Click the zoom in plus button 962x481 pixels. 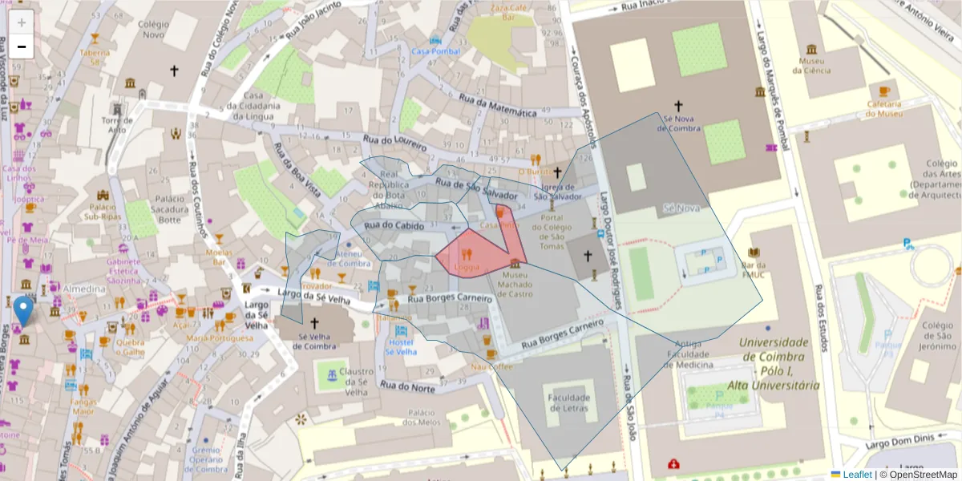[x=22, y=22]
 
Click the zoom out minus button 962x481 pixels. [x=22, y=46]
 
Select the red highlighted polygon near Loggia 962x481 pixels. [x=479, y=252]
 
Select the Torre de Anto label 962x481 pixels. [x=117, y=124]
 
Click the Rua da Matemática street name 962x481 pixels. [x=497, y=106]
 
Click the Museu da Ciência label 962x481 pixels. [x=813, y=65]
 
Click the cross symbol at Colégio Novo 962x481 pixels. [x=174, y=71]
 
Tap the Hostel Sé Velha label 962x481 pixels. [x=401, y=346]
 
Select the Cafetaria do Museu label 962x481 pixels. [x=884, y=108]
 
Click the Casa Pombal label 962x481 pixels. [x=434, y=51]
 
